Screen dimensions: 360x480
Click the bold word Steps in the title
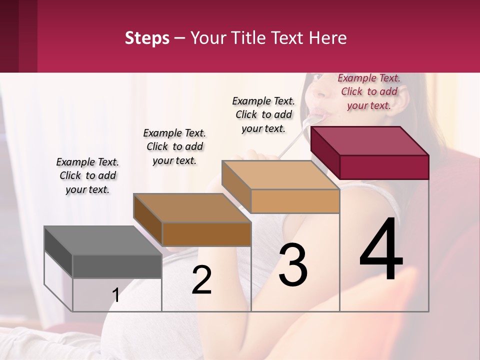pos(147,38)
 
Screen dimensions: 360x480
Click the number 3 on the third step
pos(293,265)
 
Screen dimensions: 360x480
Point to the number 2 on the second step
pos(201,280)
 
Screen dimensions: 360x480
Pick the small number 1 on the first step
pos(116,295)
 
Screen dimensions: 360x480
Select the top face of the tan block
pos(280,175)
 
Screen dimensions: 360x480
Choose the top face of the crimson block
pos(370,141)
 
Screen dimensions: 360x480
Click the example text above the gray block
pos(87,175)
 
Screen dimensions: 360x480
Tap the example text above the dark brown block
pos(174,146)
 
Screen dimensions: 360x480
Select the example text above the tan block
pos(263,114)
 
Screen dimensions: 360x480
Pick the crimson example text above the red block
pos(369,91)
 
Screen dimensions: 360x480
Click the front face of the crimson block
pos(384,167)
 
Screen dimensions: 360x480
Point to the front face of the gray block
pos(117,266)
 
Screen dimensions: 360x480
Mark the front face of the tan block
pos(295,201)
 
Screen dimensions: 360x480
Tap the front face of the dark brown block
pos(206,234)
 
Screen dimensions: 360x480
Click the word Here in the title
pos(329,38)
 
